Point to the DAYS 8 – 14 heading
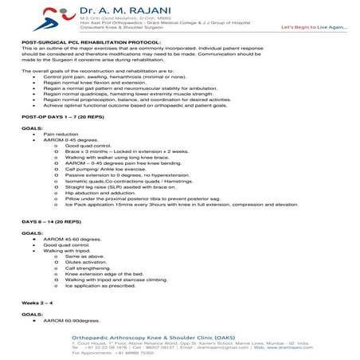(x=49, y=219)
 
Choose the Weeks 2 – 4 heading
(x=37, y=303)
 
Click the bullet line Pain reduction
(x=61, y=135)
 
